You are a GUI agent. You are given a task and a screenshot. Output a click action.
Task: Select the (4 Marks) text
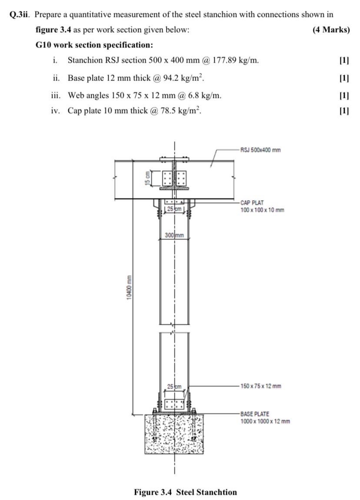pos(331,30)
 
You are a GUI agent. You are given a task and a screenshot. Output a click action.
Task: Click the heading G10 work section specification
pos(94,45)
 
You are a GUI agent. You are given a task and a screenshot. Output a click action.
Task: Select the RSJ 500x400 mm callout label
pos(260,150)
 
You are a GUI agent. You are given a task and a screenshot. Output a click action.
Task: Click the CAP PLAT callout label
pos(252,203)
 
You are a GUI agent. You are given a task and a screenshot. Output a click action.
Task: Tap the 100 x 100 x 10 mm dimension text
pos(262,210)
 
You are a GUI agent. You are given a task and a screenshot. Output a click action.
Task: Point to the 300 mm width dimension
pos(174,235)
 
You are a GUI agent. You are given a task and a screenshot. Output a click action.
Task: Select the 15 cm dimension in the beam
pos(148,178)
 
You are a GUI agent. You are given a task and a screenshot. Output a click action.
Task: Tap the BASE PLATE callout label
pos(254,414)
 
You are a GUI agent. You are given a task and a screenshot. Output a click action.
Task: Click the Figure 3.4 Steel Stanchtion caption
pos(185,492)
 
